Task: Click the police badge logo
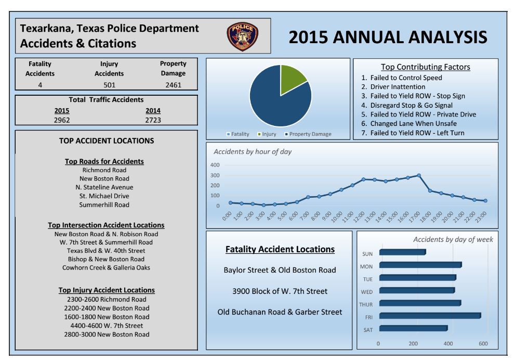point(242,36)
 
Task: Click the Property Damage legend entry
point(310,134)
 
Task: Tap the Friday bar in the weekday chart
point(430,316)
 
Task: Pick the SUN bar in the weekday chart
point(402,252)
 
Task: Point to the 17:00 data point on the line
point(418,175)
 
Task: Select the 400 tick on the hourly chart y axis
point(215,165)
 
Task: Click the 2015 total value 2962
point(61,120)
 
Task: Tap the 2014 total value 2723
point(153,120)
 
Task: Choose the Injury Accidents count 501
point(109,85)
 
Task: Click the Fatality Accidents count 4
point(40,85)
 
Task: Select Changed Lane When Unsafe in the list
point(413,124)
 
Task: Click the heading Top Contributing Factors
point(425,67)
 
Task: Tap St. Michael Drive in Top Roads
point(104,196)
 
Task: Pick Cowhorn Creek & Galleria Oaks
point(106,268)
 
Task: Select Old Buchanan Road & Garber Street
point(280,312)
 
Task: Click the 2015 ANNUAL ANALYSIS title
point(388,37)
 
